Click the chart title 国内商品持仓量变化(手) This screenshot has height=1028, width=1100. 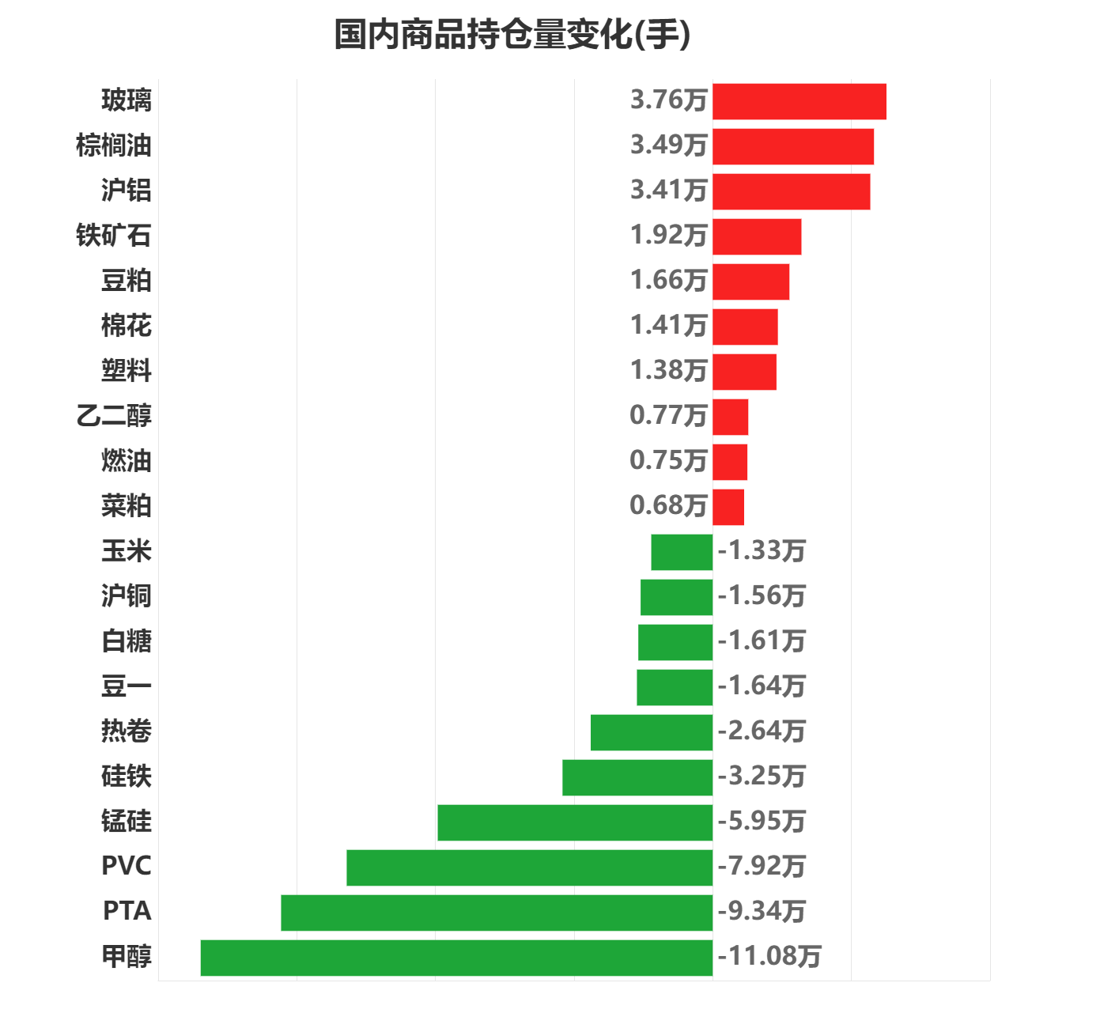tap(512, 36)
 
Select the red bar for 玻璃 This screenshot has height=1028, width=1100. tap(799, 102)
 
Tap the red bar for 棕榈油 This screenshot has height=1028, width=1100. tap(793, 147)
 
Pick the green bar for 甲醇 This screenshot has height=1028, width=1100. tap(456, 958)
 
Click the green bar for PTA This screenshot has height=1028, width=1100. tap(497, 913)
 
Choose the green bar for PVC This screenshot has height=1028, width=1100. tap(529, 867)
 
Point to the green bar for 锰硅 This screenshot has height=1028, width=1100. tap(575, 822)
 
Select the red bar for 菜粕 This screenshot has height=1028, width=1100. tap(728, 508)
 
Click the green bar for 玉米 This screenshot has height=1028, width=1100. tap(682, 552)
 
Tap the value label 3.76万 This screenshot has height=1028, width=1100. tap(668, 100)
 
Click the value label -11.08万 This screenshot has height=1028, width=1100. tap(769, 957)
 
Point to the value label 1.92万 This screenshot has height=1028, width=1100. tap(668, 236)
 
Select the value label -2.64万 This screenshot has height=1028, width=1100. tap(762, 731)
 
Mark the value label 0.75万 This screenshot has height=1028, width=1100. tap(668, 461)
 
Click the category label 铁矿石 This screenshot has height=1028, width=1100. tap(113, 236)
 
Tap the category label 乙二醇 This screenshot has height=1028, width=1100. tap(113, 416)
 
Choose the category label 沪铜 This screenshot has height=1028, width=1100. tap(126, 596)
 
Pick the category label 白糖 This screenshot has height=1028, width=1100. tap(126, 641)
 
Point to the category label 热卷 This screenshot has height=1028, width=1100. tap(126, 731)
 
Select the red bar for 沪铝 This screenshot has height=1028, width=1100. tap(792, 192)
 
